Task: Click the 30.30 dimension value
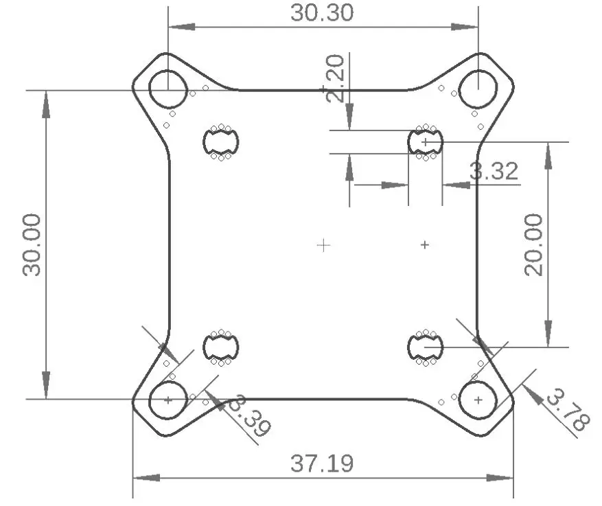tap(322, 12)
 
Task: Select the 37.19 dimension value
tap(322, 463)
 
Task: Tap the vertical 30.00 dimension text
tap(32, 244)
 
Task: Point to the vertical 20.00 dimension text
tap(533, 244)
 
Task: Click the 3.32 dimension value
tap(494, 171)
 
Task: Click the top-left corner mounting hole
tap(167, 89)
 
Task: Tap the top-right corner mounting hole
tap(478, 89)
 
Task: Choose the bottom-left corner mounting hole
tap(167, 399)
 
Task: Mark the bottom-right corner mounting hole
tap(478, 399)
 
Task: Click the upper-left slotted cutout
tap(221, 142)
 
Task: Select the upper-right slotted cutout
tap(426, 142)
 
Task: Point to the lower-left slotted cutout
tap(221, 347)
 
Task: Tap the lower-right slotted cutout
tap(426, 347)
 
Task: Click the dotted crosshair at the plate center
tap(323, 244)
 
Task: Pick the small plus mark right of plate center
tap(425, 244)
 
